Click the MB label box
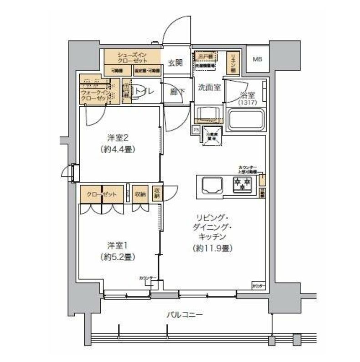point(257,59)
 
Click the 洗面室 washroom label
point(209,88)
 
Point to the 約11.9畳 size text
point(211,248)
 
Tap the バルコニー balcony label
point(184,315)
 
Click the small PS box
point(196,129)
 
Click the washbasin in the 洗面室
point(207,114)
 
